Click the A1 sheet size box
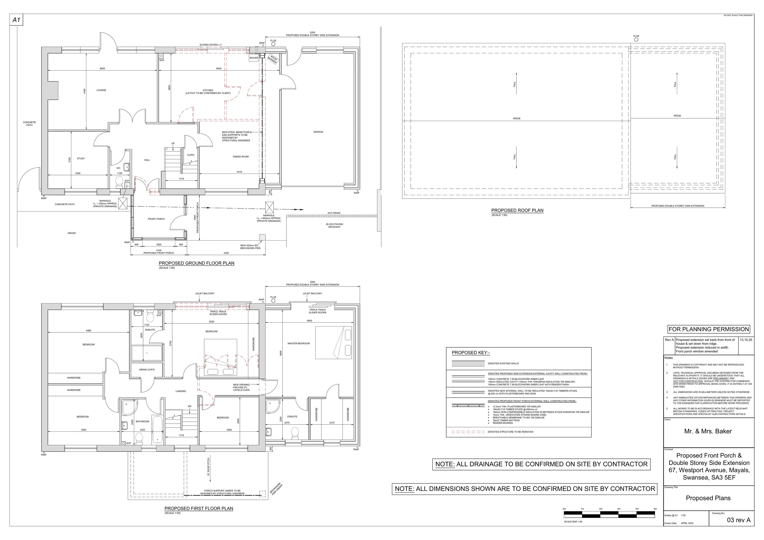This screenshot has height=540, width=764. pyautogui.click(x=16, y=20)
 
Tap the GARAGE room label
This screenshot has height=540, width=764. pyautogui.click(x=318, y=132)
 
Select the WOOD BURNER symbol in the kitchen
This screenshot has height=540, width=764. pyautogui.click(x=273, y=59)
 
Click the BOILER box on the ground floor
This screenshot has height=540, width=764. pyautogui.click(x=254, y=58)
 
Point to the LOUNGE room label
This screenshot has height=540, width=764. pyautogui.click(x=101, y=90)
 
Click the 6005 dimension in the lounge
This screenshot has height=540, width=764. pyautogui.click(x=102, y=69)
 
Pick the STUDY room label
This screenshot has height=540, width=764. pyautogui.click(x=81, y=159)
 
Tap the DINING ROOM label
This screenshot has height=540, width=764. pyautogui.click(x=241, y=156)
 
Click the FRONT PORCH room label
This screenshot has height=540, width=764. pyautogui.click(x=156, y=219)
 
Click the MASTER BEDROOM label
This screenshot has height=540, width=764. pyautogui.click(x=298, y=343)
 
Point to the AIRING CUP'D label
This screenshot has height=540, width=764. pyautogui.click(x=147, y=370)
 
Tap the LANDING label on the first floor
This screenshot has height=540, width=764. pyautogui.click(x=181, y=391)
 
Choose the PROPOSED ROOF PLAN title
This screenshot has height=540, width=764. pyautogui.click(x=517, y=210)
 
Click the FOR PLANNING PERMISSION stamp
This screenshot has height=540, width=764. pyautogui.click(x=708, y=329)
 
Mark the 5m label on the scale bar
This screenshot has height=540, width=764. pyautogui.click(x=655, y=509)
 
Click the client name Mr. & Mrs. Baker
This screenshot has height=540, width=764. pyautogui.click(x=708, y=431)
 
